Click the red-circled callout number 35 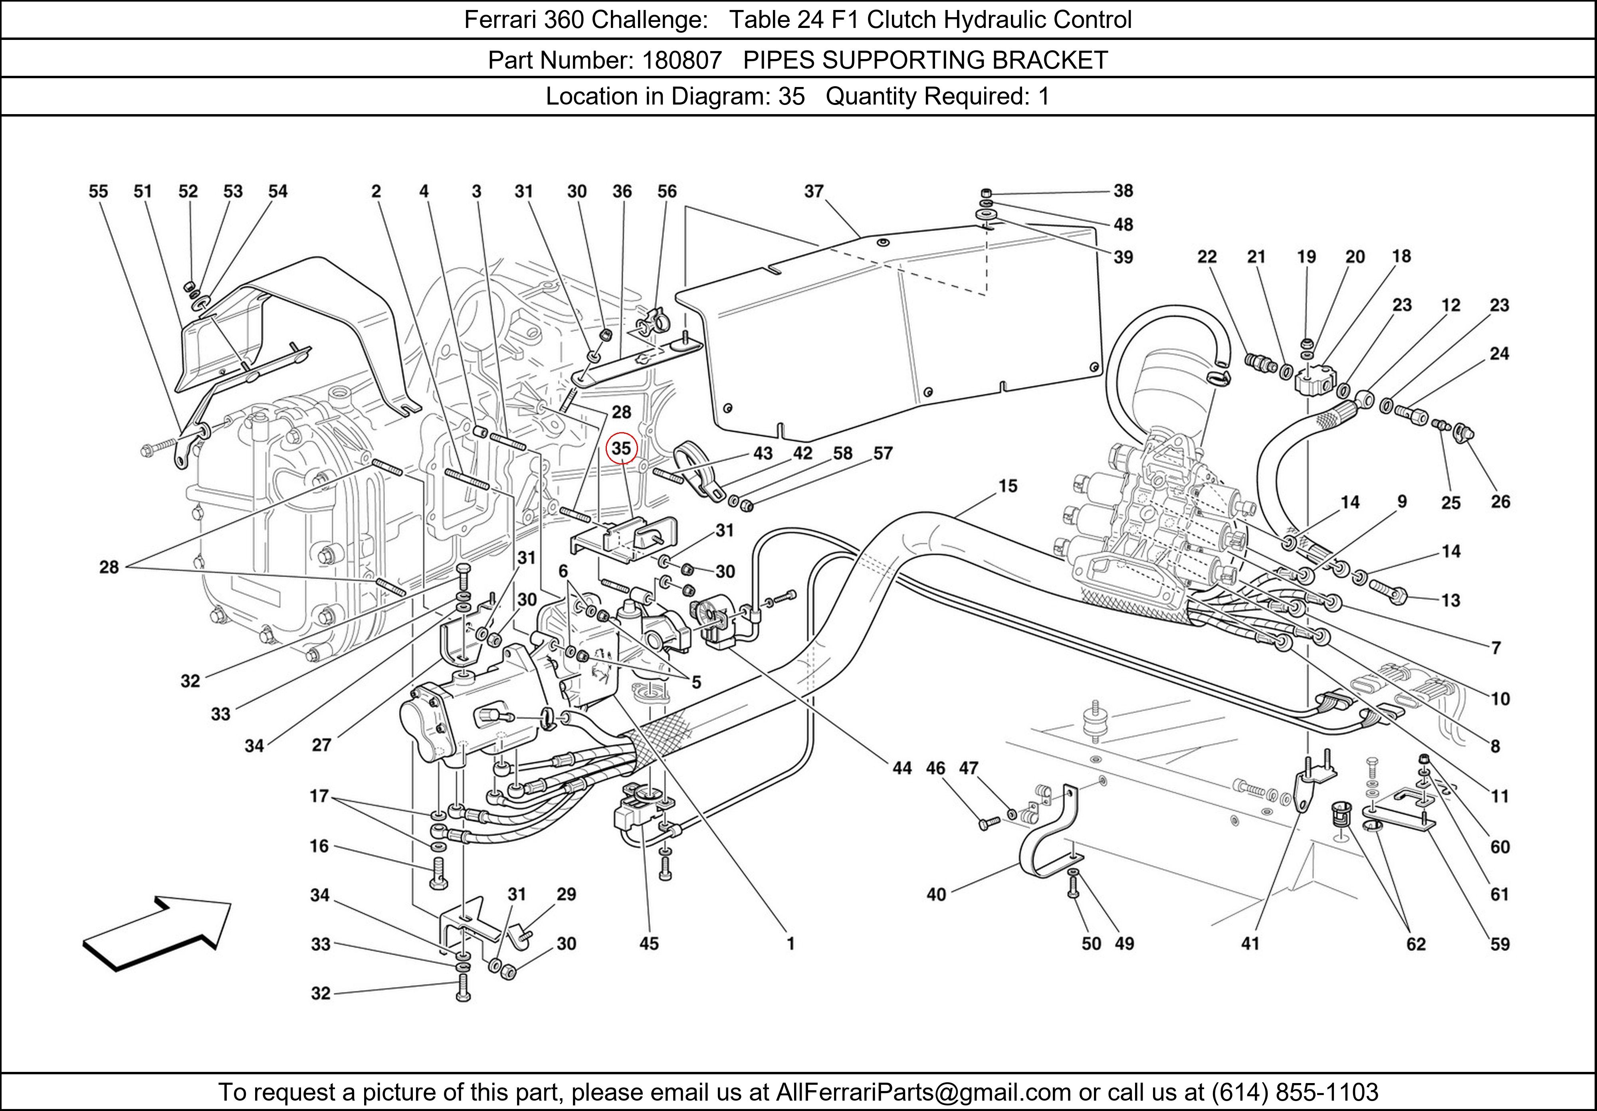coord(621,449)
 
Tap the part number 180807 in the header coord(682,61)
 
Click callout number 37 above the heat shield coord(814,191)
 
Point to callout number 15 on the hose coord(1008,486)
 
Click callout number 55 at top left coord(98,191)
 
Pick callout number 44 coord(902,768)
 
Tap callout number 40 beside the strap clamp coord(936,894)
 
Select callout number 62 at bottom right coord(1416,944)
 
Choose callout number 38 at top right coord(1123,190)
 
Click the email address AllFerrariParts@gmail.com coord(924,1092)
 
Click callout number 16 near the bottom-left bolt coord(319,846)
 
